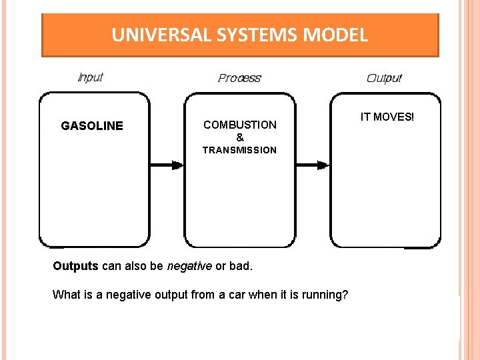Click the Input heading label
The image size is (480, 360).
pyautogui.click(x=91, y=77)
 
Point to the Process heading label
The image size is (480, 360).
pyautogui.click(x=239, y=78)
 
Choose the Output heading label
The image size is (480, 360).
pyautogui.click(x=384, y=78)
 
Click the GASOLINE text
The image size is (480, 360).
pyautogui.click(x=92, y=126)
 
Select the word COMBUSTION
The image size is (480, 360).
pyautogui.click(x=240, y=125)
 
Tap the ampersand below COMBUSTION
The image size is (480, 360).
pyautogui.click(x=240, y=137)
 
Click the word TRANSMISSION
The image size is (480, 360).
pyautogui.click(x=240, y=150)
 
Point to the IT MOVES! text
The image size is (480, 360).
pyautogui.click(x=387, y=117)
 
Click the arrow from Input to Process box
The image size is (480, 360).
pyautogui.click(x=167, y=165)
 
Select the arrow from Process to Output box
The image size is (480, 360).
pyautogui.click(x=313, y=165)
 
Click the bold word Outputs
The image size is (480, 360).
pyautogui.click(x=75, y=266)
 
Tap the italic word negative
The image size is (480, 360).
pyautogui.click(x=189, y=266)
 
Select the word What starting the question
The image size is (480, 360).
pyautogui.click(x=65, y=295)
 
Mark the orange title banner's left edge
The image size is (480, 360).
pyautogui.click(x=43, y=35)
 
